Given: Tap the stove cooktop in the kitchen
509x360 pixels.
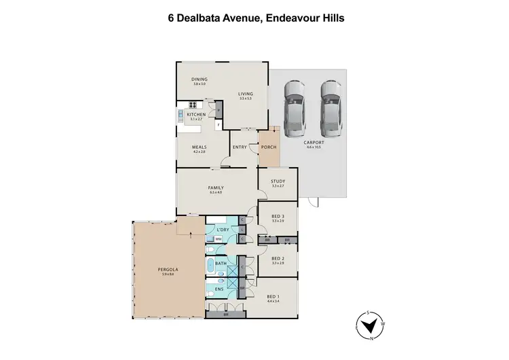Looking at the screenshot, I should pyautogui.click(x=192, y=105).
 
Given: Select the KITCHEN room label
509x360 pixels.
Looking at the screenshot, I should pyautogui.click(x=196, y=115).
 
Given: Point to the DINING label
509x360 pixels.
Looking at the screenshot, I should pyautogui.click(x=199, y=79).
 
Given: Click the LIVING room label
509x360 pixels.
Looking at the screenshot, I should pyautogui.click(x=245, y=94).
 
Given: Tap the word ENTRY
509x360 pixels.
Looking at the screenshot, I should pyautogui.click(x=240, y=147).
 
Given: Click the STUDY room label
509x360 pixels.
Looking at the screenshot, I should pyautogui.click(x=277, y=181).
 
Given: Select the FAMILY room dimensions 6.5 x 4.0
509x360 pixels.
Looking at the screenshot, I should pyautogui.click(x=216, y=193).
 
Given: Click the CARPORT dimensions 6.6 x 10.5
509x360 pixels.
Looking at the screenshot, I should pyautogui.click(x=314, y=147).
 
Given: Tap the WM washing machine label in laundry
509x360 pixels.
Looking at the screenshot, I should pyautogui.click(x=219, y=239).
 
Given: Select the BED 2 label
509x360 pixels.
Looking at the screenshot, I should pyautogui.click(x=277, y=258).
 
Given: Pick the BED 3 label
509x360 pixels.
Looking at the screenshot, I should pyautogui.click(x=277, y=217).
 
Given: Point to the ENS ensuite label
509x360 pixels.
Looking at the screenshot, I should pyautogui.click(x=219, y=289).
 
